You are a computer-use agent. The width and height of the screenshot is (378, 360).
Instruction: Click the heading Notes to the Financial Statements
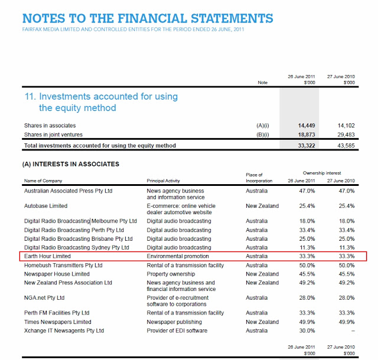(148, 18)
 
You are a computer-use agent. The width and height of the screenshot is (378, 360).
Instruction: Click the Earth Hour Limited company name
(47, 257)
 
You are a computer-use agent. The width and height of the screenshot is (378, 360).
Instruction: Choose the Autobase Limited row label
(45, 206)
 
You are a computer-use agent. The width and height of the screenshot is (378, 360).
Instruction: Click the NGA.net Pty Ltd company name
(44, 298)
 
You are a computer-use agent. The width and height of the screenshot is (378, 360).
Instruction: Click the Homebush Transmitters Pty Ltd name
(63, 266)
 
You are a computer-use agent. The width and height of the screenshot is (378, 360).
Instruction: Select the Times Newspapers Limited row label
(58, 322)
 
